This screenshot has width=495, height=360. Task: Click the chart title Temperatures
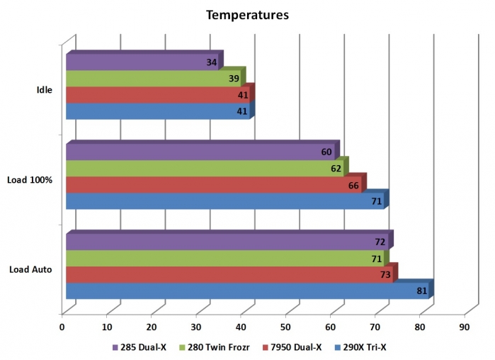(x=247, y=14)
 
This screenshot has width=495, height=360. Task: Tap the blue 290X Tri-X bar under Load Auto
(x=241, y=291)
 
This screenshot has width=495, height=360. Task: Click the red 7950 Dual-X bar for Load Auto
(x=227, y=274)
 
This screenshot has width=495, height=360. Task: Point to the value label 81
(x=421, y=291)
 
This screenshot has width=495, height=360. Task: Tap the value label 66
(x=355, y=186)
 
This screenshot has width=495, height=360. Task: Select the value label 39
(x=234, y=79)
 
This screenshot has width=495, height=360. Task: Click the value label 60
(x=326, y=152)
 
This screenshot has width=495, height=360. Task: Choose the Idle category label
(x=44, y=90)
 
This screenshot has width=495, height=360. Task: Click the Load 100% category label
(x=30, y=180)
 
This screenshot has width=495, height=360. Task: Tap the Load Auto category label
(x=30, y=269)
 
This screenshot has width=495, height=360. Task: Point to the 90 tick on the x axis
(x=465, y=327)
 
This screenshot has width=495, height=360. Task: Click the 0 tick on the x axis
(x=62, y=327)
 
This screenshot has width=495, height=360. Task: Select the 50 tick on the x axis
(x=285, y=327)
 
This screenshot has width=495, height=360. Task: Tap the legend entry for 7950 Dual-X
(x=296, y=347)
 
